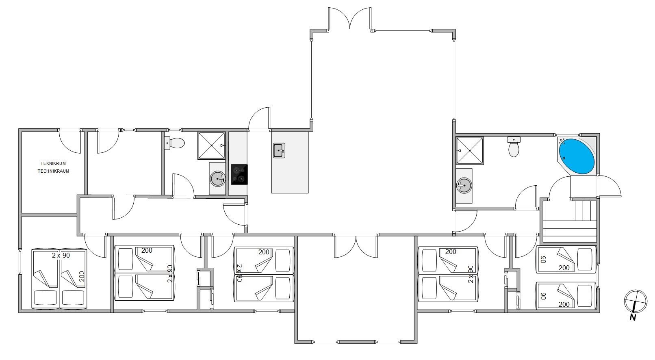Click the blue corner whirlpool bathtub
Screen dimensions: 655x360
577,156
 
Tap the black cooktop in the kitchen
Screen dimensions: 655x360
239,175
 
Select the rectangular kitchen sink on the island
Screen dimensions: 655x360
279,151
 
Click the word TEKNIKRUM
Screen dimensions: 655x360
53,163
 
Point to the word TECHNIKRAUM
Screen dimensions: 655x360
54,171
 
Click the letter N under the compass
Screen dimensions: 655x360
633,318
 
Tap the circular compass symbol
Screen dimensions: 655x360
636,301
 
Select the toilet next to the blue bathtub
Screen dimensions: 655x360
514,147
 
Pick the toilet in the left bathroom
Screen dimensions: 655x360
174,143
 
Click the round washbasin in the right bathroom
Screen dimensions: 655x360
464,185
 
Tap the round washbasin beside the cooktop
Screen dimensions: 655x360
217,178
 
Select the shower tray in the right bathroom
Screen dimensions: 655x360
470,151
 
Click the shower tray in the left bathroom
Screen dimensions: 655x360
211,145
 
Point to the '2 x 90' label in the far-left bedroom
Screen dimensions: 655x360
61,255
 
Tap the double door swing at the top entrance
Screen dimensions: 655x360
350,18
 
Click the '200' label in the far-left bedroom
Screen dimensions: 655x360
82,276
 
